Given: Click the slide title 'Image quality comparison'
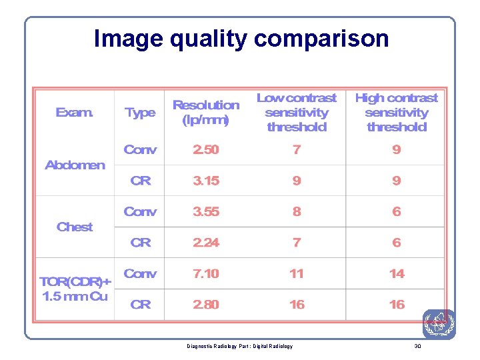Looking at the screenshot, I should click(x=241, y=39).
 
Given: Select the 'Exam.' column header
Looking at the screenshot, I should click(x=75, y=113).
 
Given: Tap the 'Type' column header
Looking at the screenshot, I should click(x=140, y=113).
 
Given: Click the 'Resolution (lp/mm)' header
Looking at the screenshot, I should click(x=205, y=113).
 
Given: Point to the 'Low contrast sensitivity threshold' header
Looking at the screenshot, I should click(x=297, y=112).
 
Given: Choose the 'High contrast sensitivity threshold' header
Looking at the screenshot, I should click(x=396, y=112).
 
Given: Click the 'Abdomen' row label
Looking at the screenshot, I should click(x=75, y=165).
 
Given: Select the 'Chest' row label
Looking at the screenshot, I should click(x=75, y=227).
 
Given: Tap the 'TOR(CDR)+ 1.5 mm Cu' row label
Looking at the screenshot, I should click(x=75, y=289).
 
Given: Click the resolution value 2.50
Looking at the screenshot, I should click(x=205, y=149).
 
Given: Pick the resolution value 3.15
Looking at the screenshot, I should click(x=205, y=181).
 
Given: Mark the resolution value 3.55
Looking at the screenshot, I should click(x=205, y=211).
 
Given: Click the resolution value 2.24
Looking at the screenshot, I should click(x=205, y=243).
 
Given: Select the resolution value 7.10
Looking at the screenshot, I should click(x=205, y=273).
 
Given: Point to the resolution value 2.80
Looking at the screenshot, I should click(x=205, y=305).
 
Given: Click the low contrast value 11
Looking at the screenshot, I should click(x=297, y=273).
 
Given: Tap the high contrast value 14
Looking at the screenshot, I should click(x=397, y=273).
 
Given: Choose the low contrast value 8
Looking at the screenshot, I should click(x=297, y=211).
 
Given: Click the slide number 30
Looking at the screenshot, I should click(x=417, y=346).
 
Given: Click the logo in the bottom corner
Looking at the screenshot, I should click(x=439, y=324).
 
